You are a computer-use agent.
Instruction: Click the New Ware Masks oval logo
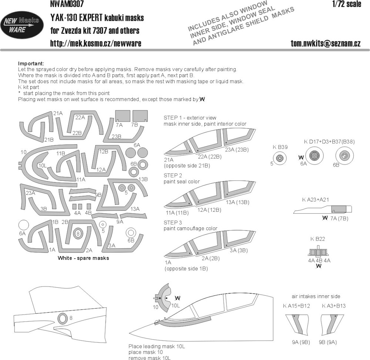pyautogui.click(x=22, y=25)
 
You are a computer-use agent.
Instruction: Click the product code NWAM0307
pyautogui.click(x=67, y=4)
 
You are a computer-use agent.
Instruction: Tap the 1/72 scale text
pyautogui.click(x=347, y=4)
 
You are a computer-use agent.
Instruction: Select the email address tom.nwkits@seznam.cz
pyautogui.click(x=325, y=43)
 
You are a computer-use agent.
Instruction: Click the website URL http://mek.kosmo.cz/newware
pyautogui.click(x=95, y=43)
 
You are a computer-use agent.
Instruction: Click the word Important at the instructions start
pyautogui.click(x=31, y=64)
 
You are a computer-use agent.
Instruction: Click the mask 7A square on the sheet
pyautogui.click(x=123, y=116)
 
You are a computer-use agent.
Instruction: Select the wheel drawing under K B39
pyautogui.click(x=280, y=158)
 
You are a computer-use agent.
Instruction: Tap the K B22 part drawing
pyautogui.click(x=318, y=252)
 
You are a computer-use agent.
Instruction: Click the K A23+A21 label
pyautogui.click(x=315, y=200)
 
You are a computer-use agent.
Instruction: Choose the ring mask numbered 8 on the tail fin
pyautogui.click(x=62, y=319)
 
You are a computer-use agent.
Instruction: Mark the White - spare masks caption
pyautogui.click(x=83, y=258)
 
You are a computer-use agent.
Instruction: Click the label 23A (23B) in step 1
pyautogui.click(x=237, y=149)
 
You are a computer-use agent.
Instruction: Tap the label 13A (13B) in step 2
pyautogui.click(x=238, y=202)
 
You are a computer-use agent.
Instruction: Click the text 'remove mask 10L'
pyautogui.click(x=149, y=358)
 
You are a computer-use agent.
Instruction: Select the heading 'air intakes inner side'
pyautogui.click(x=316, y=296)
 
